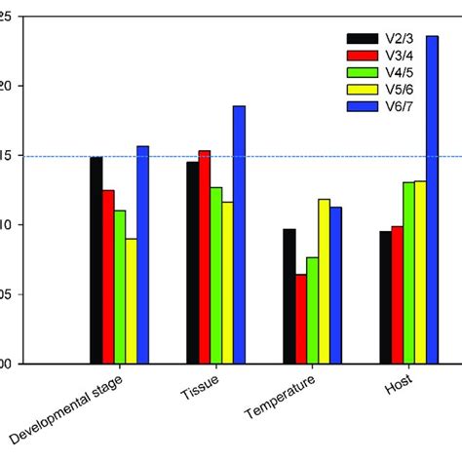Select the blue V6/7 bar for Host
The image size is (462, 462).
(x=432, y=200)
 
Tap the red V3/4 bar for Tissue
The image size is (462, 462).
(x=204, y=257)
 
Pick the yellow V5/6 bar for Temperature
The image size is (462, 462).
(x=324, y=282)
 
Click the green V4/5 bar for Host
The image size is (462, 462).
(x=408, y=273)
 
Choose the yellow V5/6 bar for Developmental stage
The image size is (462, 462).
(x=131, y=301)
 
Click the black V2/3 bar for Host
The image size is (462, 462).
(x=385, y=297)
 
